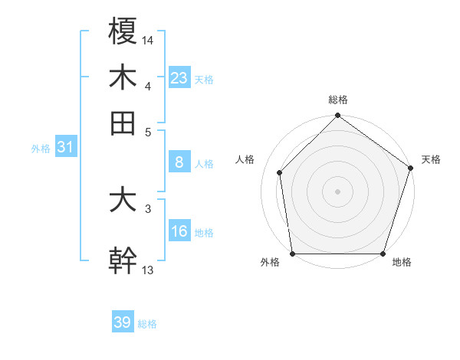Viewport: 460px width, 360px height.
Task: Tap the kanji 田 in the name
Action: coord(123,123)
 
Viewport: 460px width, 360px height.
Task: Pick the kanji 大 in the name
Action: coord(123,200)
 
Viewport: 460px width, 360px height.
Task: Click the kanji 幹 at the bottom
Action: coord(123,260)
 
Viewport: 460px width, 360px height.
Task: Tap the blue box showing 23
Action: coord(179,77)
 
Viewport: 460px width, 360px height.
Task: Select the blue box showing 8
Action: coord(179,162)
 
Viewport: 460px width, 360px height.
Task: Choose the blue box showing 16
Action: coord(179,231)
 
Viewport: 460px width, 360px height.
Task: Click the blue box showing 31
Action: coord(65,148)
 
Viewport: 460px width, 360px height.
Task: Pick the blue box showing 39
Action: coord(123,322)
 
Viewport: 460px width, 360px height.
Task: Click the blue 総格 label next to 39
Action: coord(147,324)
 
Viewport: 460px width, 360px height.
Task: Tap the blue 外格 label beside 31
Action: coord(41,149)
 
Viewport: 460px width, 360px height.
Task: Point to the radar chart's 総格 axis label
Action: coord(337,100)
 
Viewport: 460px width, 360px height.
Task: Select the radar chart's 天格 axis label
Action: coord(431,159)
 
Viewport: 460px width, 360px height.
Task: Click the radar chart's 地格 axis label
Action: coord(402,263)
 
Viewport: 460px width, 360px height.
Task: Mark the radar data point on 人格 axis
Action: coord(280,172)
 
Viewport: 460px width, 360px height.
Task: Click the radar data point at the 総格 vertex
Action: coord(337,116)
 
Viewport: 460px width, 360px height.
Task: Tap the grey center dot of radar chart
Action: coord(337,191)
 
